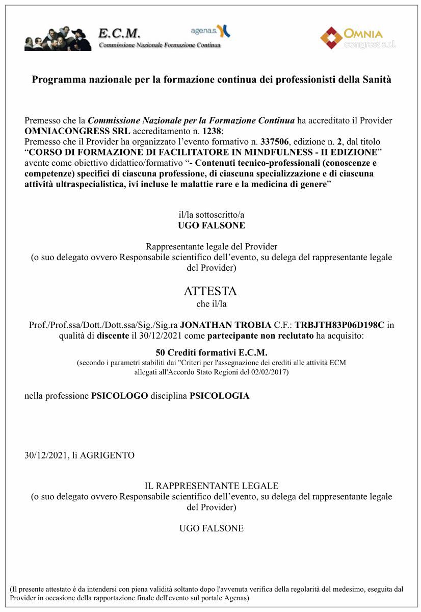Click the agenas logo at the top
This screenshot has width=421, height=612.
pyautogui.click(x=210, y=31)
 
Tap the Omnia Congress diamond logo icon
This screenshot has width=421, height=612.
pyautogui.click(x=331, y=38)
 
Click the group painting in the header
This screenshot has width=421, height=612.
pyautogui.click(x=58, y=38)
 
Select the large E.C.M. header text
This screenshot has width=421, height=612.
pyautogui.click(x=119, y=34)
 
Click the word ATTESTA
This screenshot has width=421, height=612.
pyautogui.click(x=210, y=291)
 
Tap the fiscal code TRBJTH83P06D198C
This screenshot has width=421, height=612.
pyautogui.click(x=339, y=325)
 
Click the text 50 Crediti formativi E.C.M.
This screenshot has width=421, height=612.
pyautogui.click(x=211, y=353)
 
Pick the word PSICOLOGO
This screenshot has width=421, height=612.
pyautogui.click(x=119, y=396)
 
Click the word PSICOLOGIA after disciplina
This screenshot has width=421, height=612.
pyautogui.click(x=219, y=396)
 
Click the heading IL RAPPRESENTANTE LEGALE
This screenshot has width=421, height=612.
pyautogui.click(x=211, y=486)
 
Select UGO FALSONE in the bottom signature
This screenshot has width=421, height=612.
pyautogui.click(x=211, y=528)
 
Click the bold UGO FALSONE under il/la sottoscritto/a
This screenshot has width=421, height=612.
pyautogui.click(x=211, y=225)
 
